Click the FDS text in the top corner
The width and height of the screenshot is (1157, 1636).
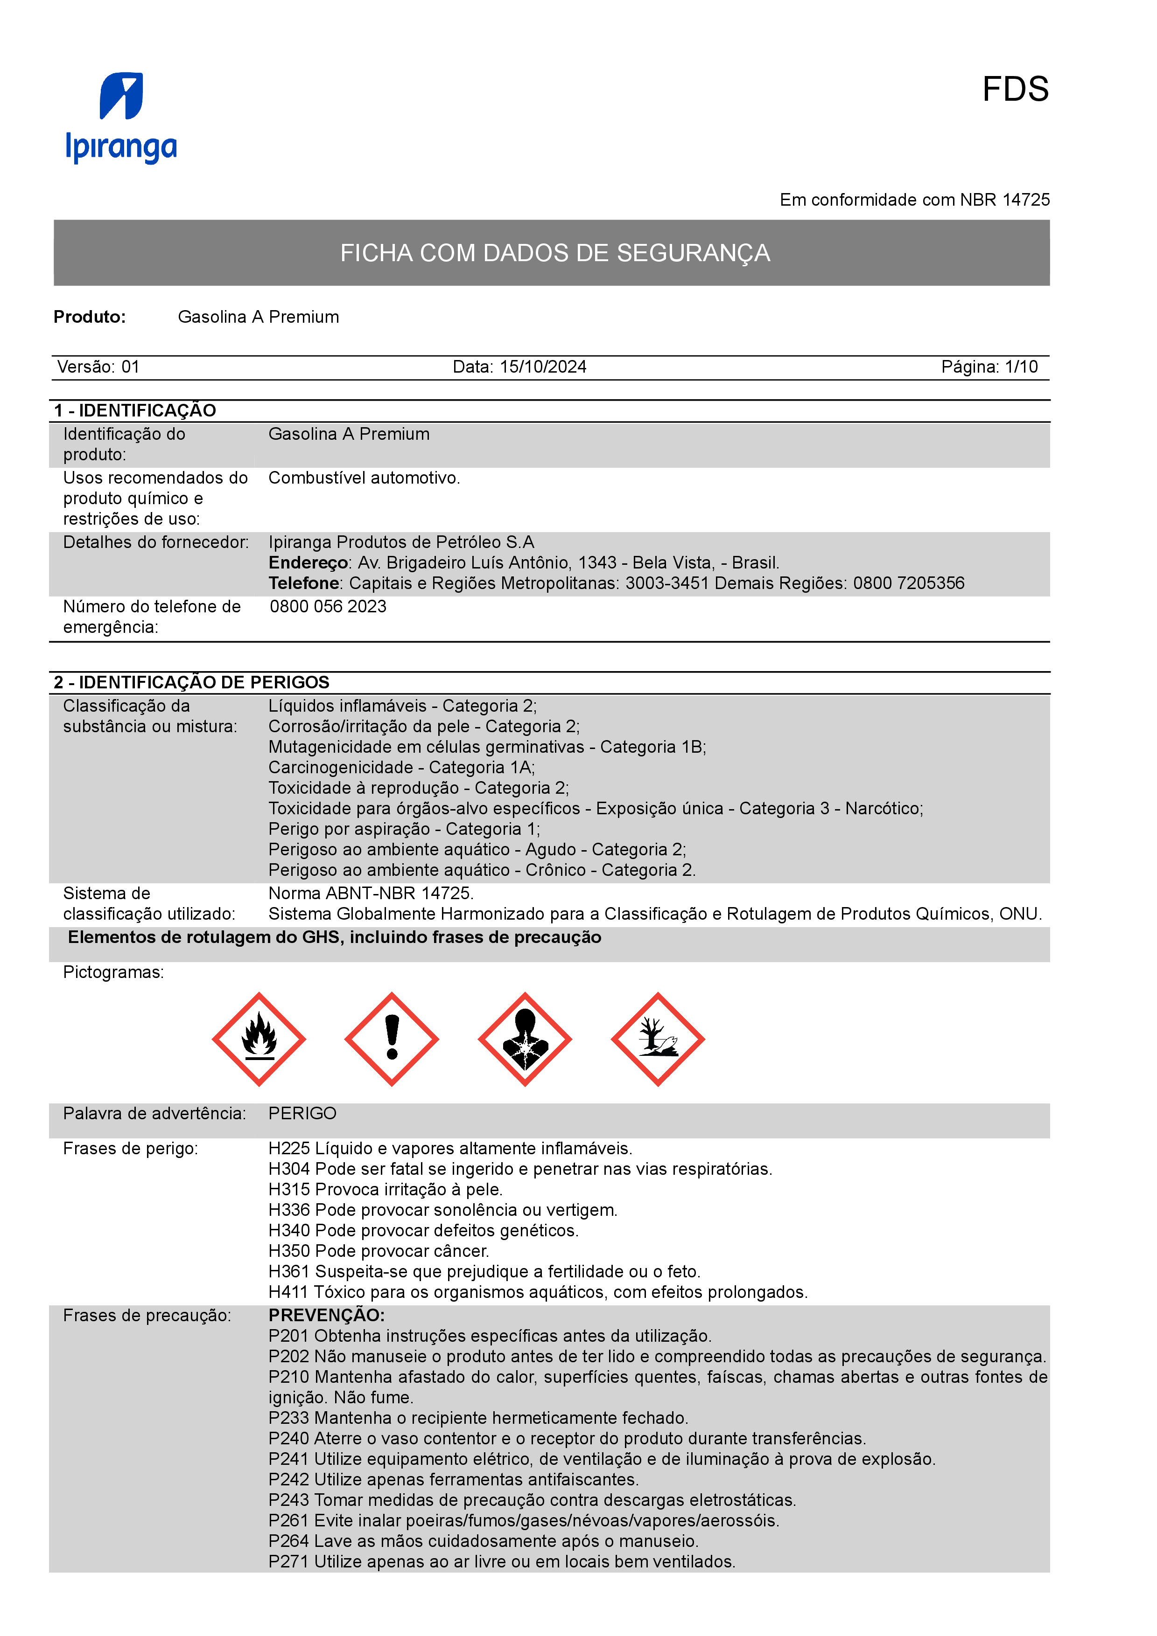[1015, 90]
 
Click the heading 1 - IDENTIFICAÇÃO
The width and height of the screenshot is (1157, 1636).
[135, 410]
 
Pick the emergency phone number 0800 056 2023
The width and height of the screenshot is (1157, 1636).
[328, 606]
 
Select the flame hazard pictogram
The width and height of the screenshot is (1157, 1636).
[259, 1039]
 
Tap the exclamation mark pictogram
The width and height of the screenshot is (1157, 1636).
[392, 1039]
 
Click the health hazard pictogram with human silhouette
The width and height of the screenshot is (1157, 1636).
[525, 1039]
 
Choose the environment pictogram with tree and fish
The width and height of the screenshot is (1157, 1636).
[657, 1039]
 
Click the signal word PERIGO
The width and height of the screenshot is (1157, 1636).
[302, 1113]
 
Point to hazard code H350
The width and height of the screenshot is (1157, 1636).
[289, 1251]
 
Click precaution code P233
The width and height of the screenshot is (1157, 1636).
[289, 1418]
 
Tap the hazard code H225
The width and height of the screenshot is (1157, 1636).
[289, 1149]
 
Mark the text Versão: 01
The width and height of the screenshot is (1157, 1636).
[98, 367]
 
